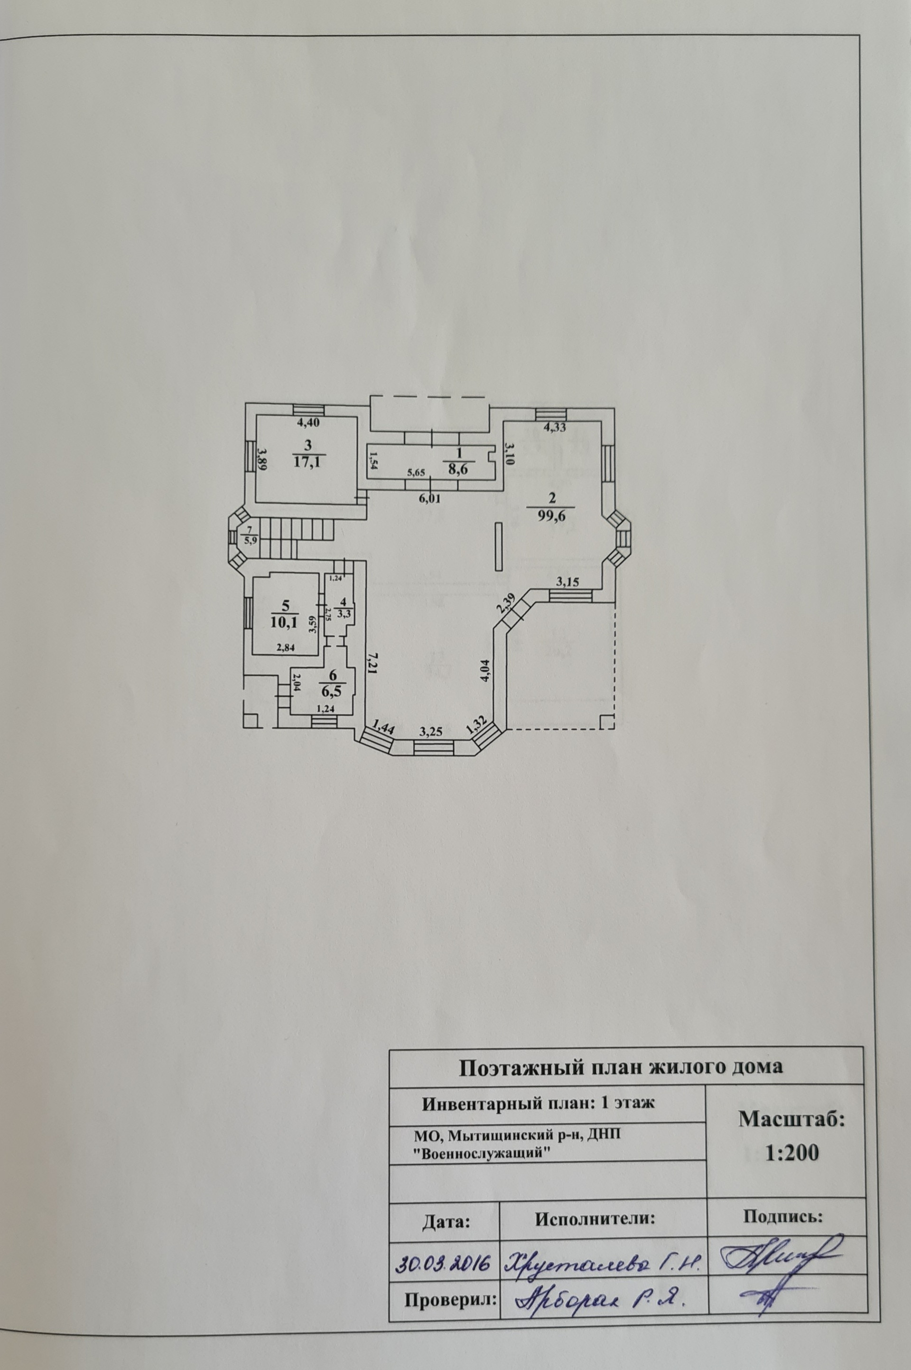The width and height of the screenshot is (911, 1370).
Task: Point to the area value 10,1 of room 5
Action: [x=285, y=623]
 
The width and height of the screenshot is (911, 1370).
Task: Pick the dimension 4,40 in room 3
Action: [x=308, y=423]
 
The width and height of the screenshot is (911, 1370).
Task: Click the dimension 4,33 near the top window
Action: [x=554, y=429]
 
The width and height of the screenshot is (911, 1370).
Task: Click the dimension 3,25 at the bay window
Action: [x=431, y=732]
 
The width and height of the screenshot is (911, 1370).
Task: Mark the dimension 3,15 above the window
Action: [x=567, y=582]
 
